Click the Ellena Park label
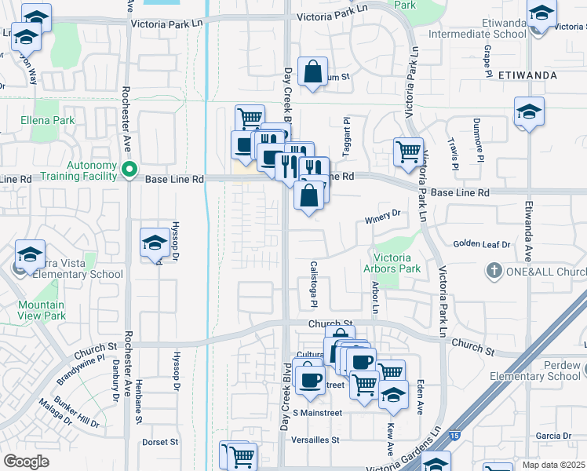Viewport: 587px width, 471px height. click(49, 120)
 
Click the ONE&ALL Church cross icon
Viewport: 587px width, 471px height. click(494, 272)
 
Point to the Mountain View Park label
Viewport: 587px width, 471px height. click(42, 310)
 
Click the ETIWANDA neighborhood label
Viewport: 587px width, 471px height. click(527, 75)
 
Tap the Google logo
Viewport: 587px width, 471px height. click(26, 461)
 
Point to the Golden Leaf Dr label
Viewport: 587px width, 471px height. click(481, 244)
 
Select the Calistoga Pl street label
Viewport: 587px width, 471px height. click(313, 283)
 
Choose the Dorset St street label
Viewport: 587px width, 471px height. click(161, 442)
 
